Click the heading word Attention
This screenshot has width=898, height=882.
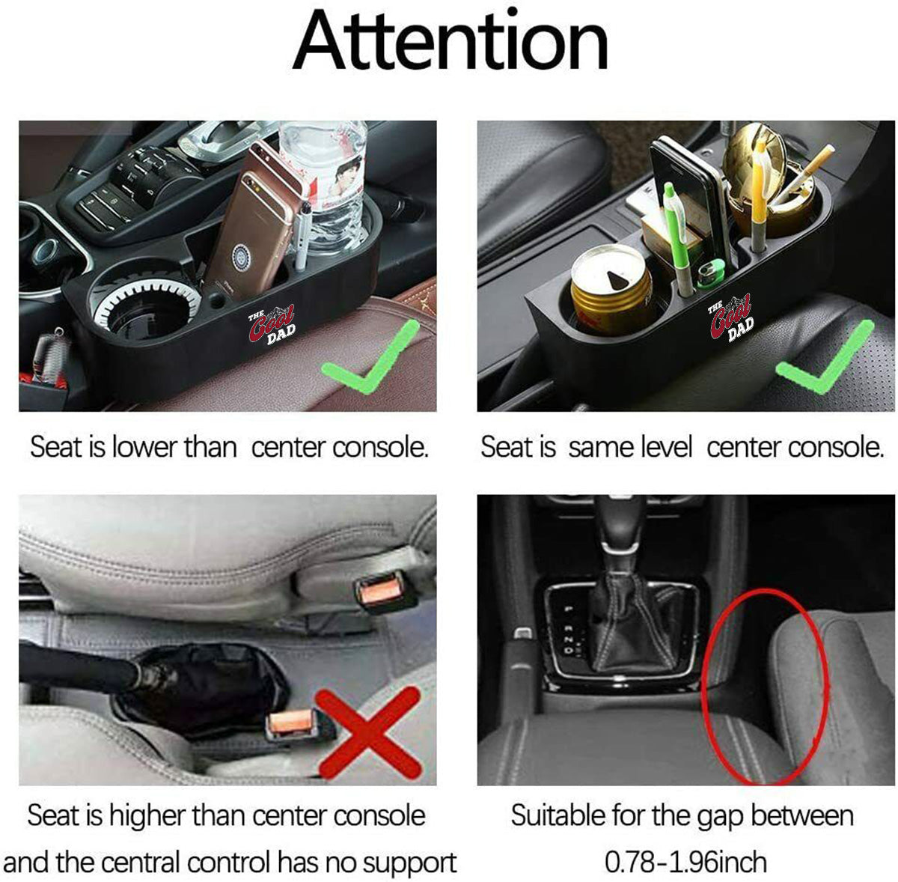(x=450, y=41)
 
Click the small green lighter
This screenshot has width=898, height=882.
(x=711, y=273)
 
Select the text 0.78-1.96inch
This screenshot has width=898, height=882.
(x=685, y=862)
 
